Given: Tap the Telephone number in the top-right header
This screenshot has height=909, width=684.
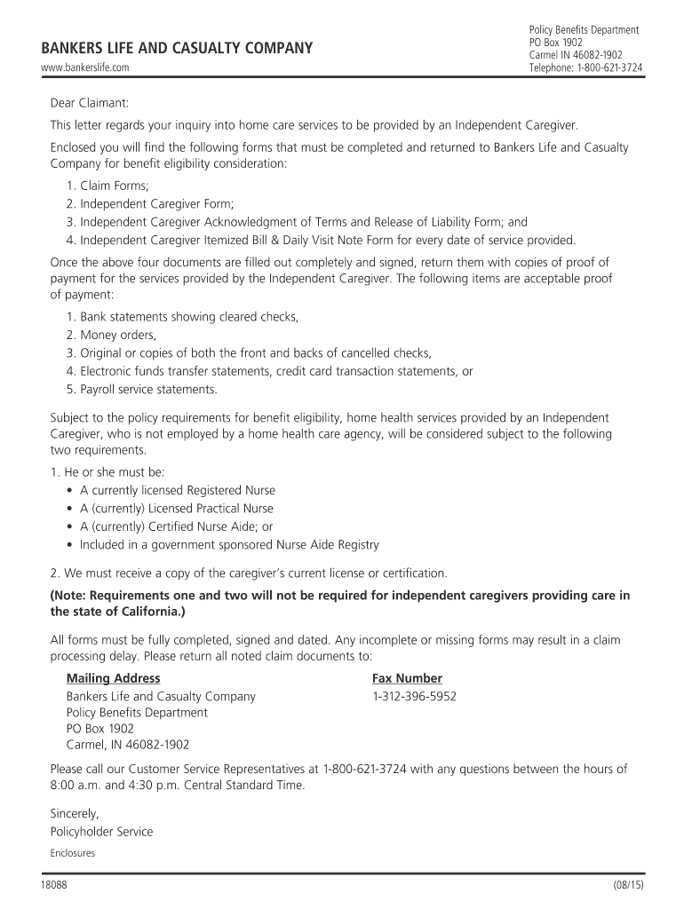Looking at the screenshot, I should [x=585, y=67].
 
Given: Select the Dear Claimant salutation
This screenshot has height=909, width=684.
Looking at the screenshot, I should [x=90, y=104].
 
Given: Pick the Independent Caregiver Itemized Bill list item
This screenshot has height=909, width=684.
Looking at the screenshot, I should [x=321, y=240].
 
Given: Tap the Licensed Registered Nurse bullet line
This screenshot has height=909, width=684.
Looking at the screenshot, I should [x=178, y=490].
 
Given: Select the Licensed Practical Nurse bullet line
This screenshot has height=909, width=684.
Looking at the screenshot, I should [x=177, y=509].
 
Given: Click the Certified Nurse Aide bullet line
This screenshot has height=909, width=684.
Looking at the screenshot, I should [x=177, y=526].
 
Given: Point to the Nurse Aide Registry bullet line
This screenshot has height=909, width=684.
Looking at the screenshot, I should [x=229, y=545].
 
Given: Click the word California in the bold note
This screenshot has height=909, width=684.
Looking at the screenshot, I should [x=153, y=613].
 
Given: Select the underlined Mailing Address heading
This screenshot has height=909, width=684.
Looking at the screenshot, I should [x=113, y=678].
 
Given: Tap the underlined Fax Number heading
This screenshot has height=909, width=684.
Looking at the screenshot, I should [x=407, y=678].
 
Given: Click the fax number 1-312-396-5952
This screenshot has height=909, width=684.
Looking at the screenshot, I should [x=414, y=697].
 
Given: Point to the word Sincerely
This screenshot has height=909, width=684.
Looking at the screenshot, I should [x=75, y=813].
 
